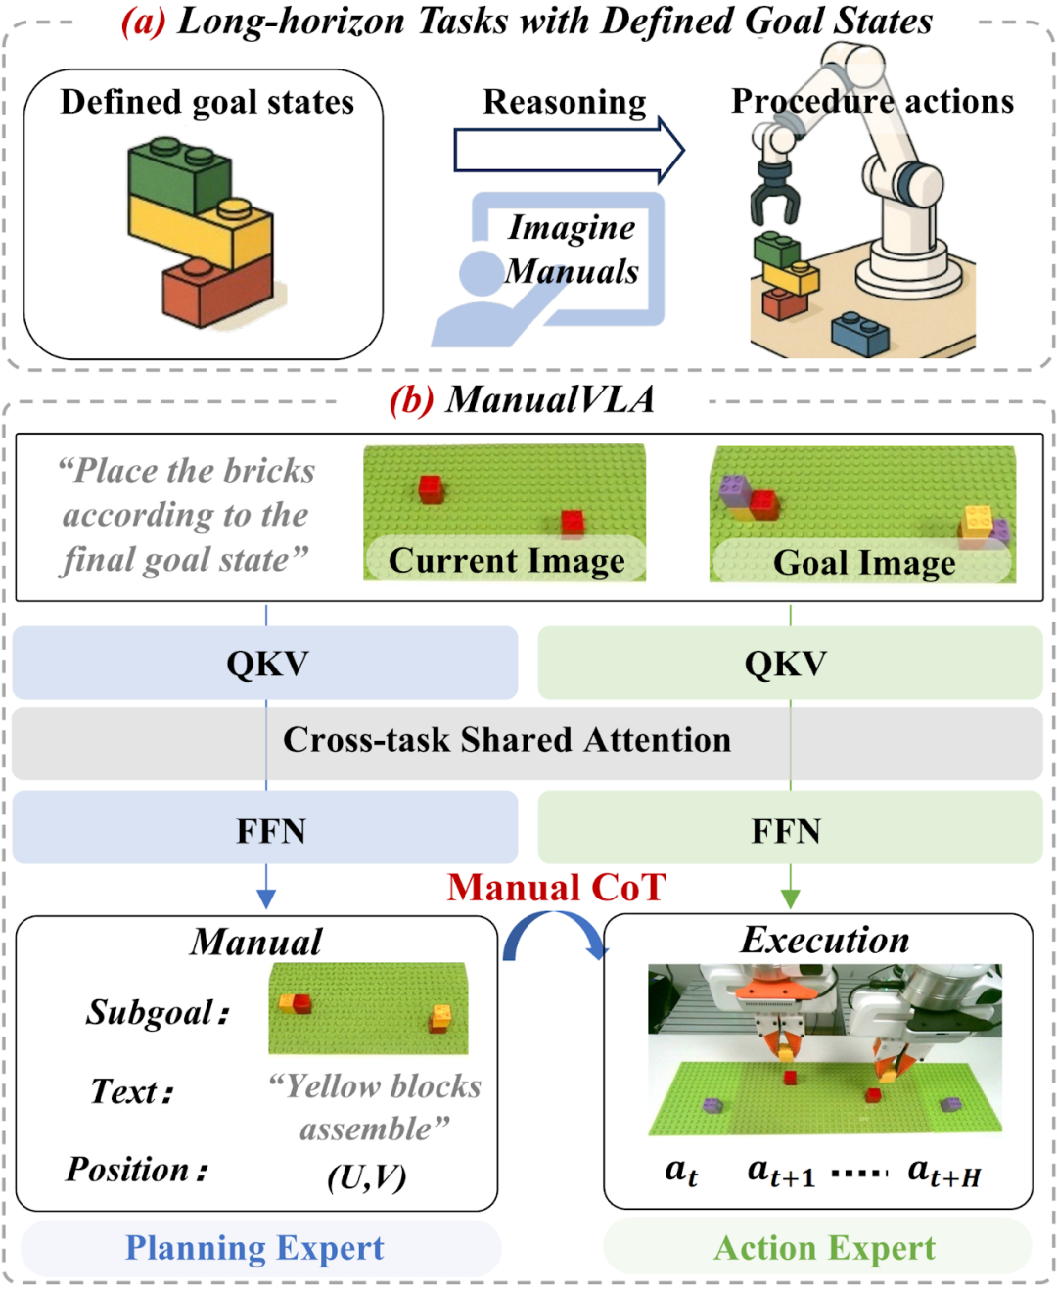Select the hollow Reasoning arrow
point(568,150)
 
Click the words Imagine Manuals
point(573,249)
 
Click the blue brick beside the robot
point(859,333)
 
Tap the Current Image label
point(506,561)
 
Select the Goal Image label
point(863,563)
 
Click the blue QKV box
point(265,663)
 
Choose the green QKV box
point(789,663)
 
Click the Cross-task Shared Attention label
point(507,740)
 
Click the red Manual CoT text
point(556,887)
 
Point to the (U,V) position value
point(366,1175)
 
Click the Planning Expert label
point(254,1248)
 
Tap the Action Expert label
point(824,1248)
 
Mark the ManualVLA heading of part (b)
point(549,399)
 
